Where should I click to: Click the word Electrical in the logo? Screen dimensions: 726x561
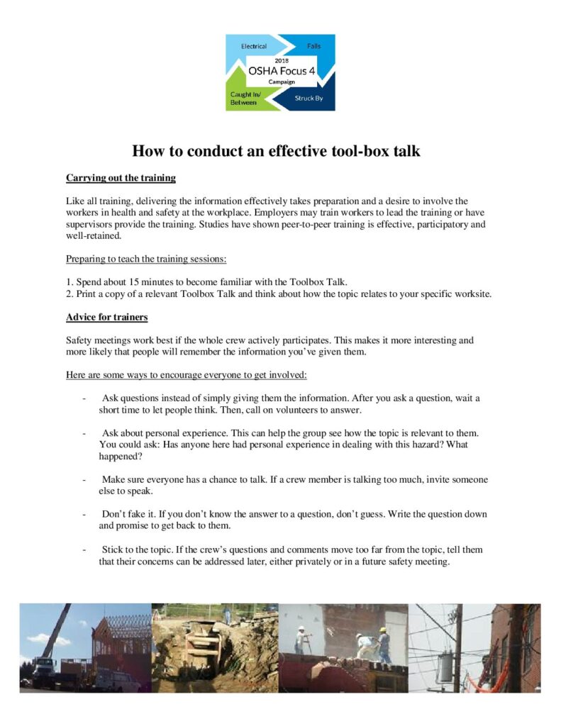pos(254,47)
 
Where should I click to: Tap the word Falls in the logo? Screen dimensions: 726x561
pos(313,47)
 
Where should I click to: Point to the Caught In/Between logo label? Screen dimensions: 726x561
pos(243,99)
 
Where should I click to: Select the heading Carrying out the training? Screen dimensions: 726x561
pos(121,177)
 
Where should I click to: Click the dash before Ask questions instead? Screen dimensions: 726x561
pos(85,398)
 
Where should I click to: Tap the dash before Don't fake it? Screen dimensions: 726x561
pos(85,513)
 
